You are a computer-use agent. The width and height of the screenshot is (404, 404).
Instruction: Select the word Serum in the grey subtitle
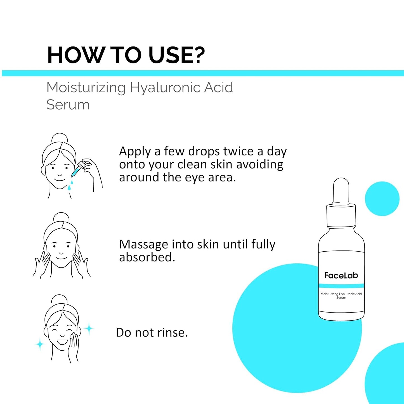[x=68, y=105]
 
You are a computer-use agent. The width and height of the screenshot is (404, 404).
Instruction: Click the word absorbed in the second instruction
[x=147, y=257]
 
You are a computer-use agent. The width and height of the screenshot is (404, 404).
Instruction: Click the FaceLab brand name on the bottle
[x=341, y=275]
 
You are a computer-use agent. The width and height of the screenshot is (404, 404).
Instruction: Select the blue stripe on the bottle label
[x=341, y=285]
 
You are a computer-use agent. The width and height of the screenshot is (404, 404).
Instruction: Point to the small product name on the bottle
[x=341, y=296]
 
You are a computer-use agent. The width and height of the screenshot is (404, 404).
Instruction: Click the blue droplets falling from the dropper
[x=70, y=185]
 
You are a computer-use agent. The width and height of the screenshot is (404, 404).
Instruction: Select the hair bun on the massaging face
[x=61, y=218]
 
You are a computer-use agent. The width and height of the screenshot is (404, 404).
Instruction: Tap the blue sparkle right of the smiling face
[x=89, y=328]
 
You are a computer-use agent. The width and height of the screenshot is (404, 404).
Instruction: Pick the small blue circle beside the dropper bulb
[x=382, y=198]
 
